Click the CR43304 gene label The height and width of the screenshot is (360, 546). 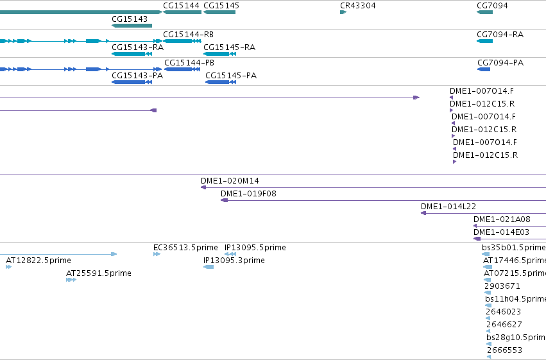coord(357,6)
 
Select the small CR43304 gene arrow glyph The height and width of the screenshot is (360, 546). coord(343,12)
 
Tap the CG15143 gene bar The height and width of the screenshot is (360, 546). coord(132,26)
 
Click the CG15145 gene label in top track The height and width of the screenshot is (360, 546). coord(221,6)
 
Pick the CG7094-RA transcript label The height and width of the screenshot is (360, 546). coord(500,35)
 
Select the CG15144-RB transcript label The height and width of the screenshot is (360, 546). coord(189,35)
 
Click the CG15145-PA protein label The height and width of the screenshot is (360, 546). coord(231,76)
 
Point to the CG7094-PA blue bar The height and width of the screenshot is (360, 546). coord(484,69)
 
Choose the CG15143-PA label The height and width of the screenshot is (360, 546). coord(137,76)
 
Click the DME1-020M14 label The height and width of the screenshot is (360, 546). coord(230,181)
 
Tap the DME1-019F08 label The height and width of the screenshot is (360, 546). coord(248,194)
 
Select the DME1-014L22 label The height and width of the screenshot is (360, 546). coord(448,207)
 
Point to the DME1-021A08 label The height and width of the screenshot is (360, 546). coord(502,219)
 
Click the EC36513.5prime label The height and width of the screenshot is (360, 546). coord(185,248)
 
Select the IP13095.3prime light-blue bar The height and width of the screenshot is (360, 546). coord(209,267)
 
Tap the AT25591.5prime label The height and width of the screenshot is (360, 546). coord(99,273)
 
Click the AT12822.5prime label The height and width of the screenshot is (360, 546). coord(38,261)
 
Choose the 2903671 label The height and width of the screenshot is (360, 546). coord(502,286)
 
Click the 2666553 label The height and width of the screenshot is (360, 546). coord(504,350)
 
